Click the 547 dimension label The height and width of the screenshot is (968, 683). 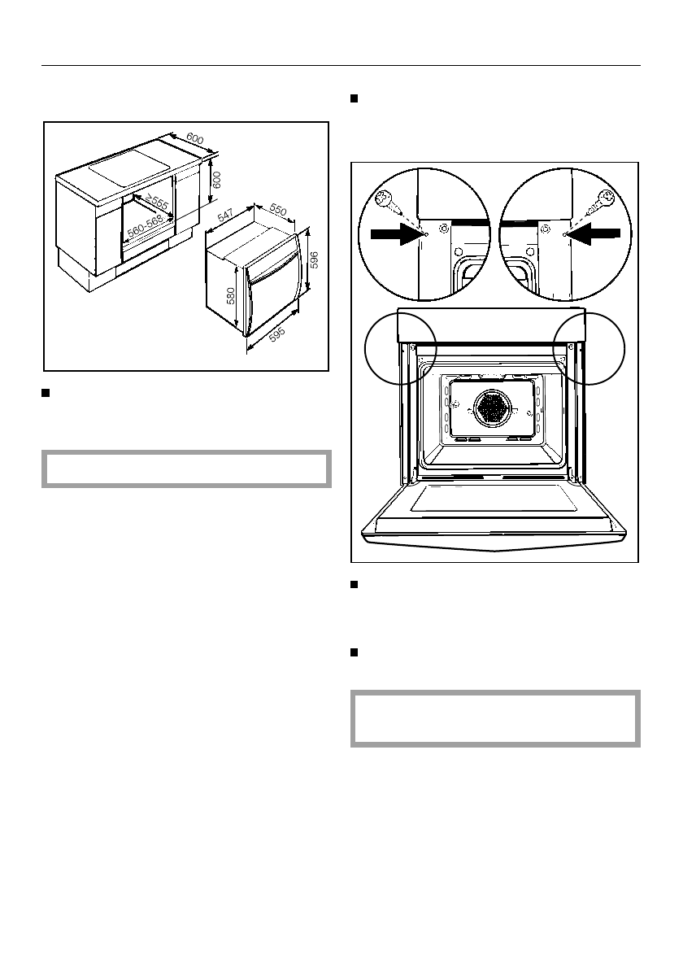tap(225, 216)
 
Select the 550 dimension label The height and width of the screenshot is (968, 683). tap(278, 209)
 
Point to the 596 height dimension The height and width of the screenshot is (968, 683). tap(314, 260)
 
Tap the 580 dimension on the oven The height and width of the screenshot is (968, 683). tap(231, 296)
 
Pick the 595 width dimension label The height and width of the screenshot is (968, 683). tap(277, 334)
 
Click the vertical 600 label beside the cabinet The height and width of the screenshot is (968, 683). tap(216, 180)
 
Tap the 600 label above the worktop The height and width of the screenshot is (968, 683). tap(195, 139)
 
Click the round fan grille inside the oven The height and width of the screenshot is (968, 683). tap(493, 408)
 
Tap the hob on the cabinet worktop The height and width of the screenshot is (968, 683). tap(129, 168)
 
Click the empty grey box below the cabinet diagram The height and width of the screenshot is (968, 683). tap(186, 469)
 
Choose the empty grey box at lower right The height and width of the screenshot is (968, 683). tap(495, 718)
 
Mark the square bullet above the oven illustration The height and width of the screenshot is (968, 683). tap(355, 98)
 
